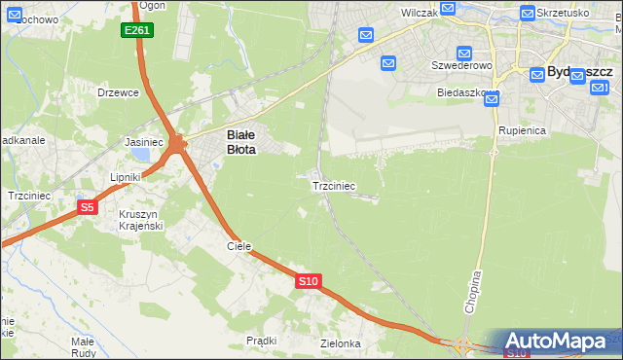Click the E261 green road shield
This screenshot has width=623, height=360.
point(137,31)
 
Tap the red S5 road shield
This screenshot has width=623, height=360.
point(88,206)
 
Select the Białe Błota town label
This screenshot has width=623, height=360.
point(240,143)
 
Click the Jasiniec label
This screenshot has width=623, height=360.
point(143,142)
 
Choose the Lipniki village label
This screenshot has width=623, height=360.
point(126,177)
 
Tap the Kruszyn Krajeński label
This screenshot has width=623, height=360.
point(140,220)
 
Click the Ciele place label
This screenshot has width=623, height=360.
point(239,246)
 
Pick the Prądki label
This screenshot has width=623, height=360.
point(262,341)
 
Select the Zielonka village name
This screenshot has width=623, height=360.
point(341,343)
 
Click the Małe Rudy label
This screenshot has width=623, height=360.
point(82,347)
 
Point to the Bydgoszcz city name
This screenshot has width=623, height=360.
point(579,72)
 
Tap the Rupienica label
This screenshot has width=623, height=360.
point(522,129)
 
